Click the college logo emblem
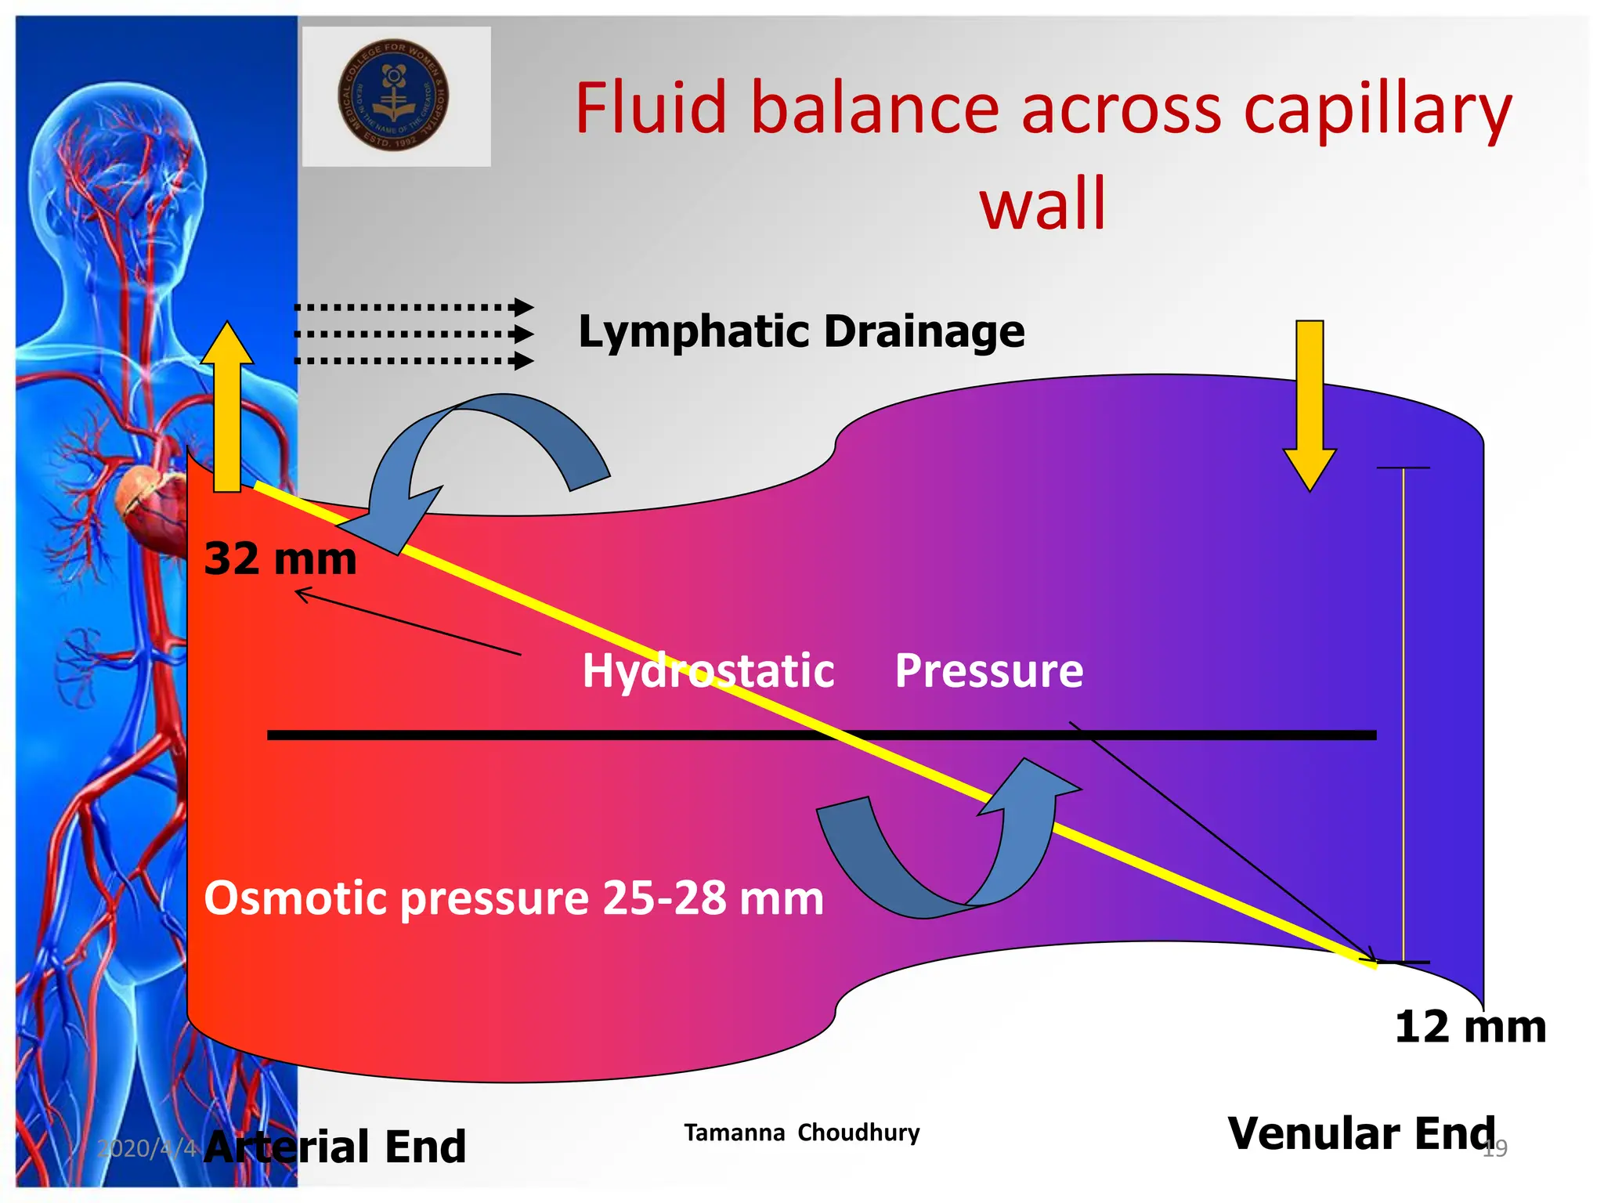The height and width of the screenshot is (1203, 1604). click(x=393, y=95)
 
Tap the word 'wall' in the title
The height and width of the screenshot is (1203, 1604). click(x=1042, y=204)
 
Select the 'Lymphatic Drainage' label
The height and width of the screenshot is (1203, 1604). click(x=800, y=331)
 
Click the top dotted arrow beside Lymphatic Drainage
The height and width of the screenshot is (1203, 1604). click(x=414, y=307)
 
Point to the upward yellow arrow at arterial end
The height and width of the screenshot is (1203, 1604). click(x=227, y=407)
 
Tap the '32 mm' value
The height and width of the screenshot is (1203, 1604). click(x=280, y=559)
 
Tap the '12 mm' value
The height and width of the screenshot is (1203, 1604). click(x=1469, y=1027)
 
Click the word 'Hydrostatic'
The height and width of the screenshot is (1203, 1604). click(x=707, y=671)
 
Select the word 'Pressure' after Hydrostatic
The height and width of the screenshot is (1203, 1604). click(x=988, y=671)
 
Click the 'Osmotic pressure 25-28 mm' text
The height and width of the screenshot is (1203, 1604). click(x=513, y=898)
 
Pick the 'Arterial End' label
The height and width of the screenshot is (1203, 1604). click(x=335, y=1147)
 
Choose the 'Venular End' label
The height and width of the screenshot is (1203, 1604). click(x=1361, y=1133)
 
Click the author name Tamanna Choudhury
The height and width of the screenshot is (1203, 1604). click(x=801, y=1133)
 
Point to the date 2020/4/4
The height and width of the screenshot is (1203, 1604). click(x=147, y=1148)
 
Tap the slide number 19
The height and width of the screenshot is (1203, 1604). click(x=1494, y=1149)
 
